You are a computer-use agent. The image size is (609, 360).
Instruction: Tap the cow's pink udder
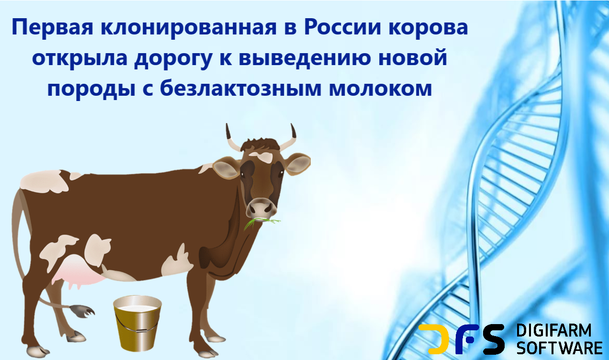77,270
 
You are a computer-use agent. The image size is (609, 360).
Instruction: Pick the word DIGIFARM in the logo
553,331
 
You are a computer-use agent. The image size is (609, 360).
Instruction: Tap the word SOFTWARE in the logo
559,347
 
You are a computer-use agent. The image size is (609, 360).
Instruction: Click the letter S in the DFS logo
492,339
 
